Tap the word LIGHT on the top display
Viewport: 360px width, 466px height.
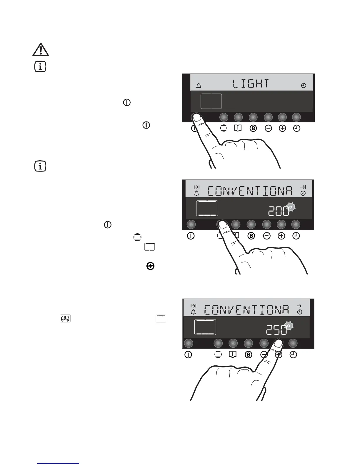pyautogui.click(x=250, y=84)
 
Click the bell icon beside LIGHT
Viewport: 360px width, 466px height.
pyautogui.click(x=199, y=86)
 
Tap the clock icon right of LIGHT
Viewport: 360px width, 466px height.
pyautogui.click(x=304, y=86)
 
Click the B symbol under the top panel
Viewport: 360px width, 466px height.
pyautogui.click(x=253, y=129)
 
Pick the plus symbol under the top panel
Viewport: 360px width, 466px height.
pyautogui.click(x=282, y=129)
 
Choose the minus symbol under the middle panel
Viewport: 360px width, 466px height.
pyautogui.click(x=267, y=236)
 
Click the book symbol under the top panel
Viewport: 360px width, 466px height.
pyautogui.click(x=238, y=128)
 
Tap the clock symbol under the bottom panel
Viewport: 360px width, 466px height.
pyautogui.click(x=293, y=355)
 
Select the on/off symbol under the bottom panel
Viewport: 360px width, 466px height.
pyautogui.click(x=188, y=355)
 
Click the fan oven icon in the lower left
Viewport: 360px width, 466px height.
pyautogui.click(x=65, y=319)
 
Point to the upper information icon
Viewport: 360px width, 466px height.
pyautogui.click(x=40, y=67)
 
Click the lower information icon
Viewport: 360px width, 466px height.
pyautogui.click(x=40, y=167)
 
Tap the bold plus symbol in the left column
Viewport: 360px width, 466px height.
pyautogui.click(x=150, y=266)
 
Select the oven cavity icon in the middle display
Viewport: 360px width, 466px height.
pyautogui.click(x=207, y=208)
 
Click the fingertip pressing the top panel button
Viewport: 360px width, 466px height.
pyautogui.click(x=197, y=118)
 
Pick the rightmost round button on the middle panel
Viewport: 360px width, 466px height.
pyautogui.click(x=296, y=224)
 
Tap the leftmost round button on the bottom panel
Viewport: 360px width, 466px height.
pyautogui.click(x=188, y=343)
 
